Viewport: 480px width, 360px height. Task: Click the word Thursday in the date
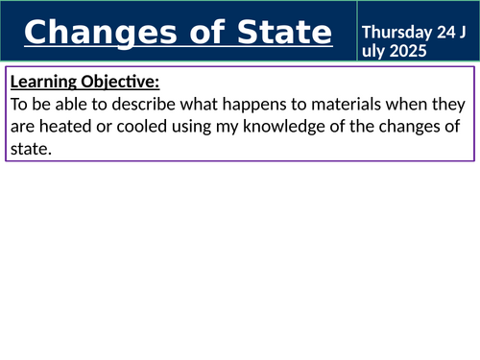[x=396, y=32]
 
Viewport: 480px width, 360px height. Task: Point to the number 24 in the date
[x=444, y=32]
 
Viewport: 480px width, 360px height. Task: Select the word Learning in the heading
[x=43, y=82]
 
